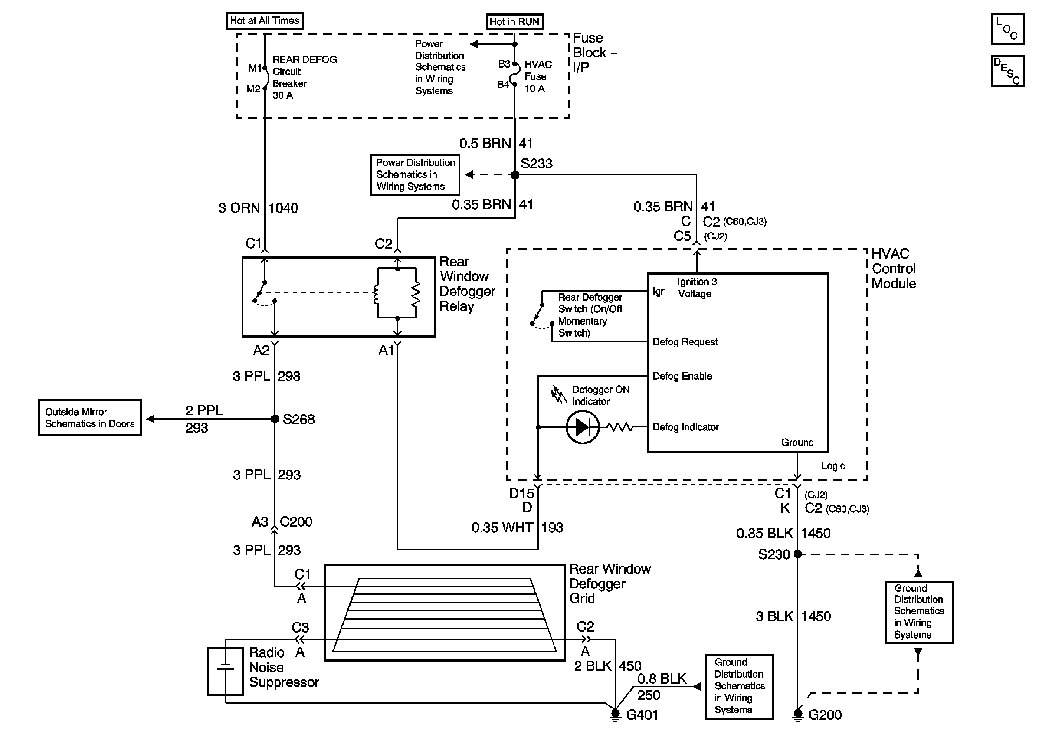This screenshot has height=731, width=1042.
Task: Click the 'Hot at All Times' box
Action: point(265,21)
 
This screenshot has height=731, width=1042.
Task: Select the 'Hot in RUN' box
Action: point(514,22)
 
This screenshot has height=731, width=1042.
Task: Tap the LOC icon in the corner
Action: point(1007,29)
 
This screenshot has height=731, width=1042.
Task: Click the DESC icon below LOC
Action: point(1007,71)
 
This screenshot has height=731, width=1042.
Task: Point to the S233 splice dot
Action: point(514,175)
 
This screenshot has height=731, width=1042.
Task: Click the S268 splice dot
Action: point(275,419)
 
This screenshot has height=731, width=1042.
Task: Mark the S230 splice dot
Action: point(797,554)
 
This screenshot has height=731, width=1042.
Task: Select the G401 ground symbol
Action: point(616,715)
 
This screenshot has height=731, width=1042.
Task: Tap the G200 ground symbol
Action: point(797,715)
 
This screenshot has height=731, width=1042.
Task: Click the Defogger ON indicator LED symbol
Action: point(583,427)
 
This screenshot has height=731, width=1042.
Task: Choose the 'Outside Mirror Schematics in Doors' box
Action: point(90,418)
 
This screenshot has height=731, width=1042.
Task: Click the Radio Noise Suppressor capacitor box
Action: point(226,672)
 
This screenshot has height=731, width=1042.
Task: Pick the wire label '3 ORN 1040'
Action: point(258,208)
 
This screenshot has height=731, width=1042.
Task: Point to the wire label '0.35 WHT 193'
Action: point(518,528)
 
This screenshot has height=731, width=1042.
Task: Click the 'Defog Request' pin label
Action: point(685,342)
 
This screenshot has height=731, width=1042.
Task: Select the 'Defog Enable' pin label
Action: point(682,376)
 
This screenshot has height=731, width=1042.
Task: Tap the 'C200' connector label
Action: point(296,522)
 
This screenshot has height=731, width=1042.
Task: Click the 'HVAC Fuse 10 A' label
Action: point(538,77)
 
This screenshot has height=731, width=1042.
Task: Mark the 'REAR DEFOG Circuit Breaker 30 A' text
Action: point(304,78)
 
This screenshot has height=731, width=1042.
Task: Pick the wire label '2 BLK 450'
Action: point(607,666)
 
